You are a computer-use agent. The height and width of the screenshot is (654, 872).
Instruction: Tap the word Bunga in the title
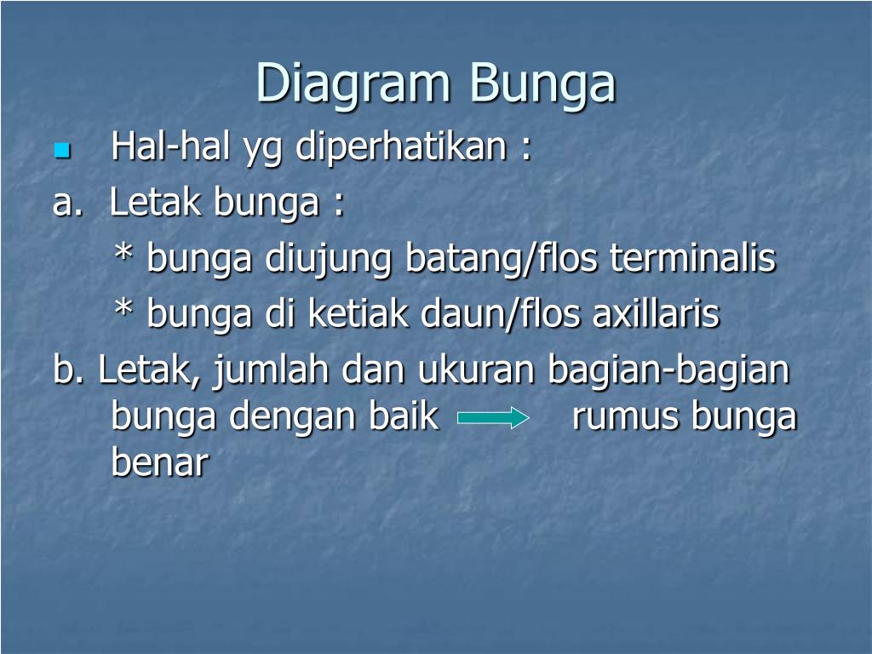tap(542, 84)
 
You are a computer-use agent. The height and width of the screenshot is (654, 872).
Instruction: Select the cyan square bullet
tap(60, 152)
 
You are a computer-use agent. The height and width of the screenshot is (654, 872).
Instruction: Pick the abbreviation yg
tap(263, 151)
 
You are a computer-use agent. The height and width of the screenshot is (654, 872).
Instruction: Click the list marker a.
tap(64, 203)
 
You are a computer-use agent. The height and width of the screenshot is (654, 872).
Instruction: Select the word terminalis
tap(692, 257)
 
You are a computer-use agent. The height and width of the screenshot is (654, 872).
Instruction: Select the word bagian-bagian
tap(669, 371)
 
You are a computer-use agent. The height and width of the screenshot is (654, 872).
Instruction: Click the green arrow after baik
tap(493, 418)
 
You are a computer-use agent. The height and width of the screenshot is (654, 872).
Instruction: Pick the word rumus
tap(625, 417)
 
